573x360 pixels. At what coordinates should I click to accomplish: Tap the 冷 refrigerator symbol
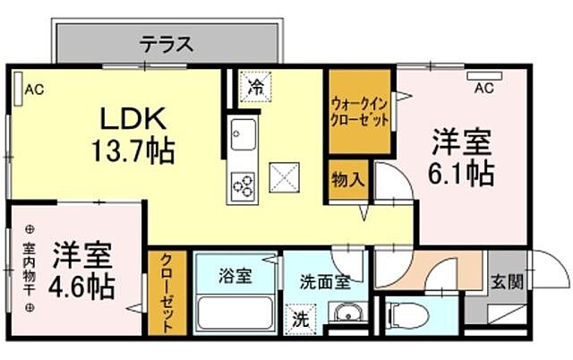[x=256, y=88]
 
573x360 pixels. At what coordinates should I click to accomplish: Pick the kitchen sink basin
[x=243, y=135]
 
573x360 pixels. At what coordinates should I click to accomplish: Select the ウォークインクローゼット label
[x=360, y=111]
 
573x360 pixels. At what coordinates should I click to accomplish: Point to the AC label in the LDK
[x=35, y=89]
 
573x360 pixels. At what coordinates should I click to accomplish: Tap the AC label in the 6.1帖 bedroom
[x=484, y=88]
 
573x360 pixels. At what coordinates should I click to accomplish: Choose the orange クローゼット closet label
[x=167, y=291]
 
